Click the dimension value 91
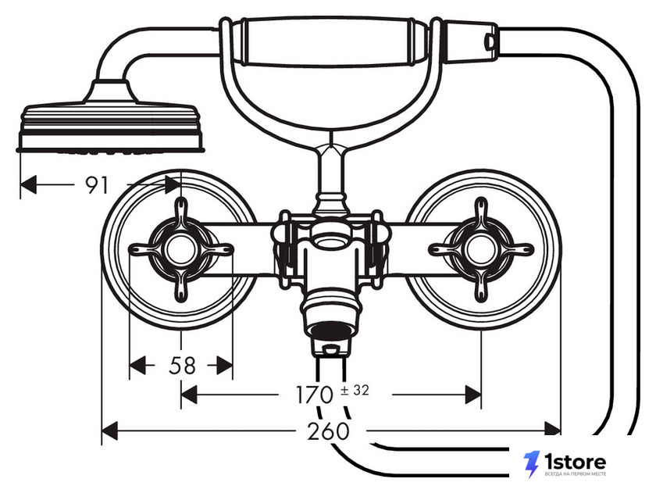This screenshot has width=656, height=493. pyautogui.click(x=97, y=185)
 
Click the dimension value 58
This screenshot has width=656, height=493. pyautogui.click(x=182, y=366)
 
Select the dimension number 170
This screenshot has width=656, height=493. pyautogui.click(x=314, y=395)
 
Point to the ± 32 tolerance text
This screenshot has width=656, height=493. pyautogui.click(x=355, y=391)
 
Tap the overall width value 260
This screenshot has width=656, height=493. pyautogui.click(x=327, y=431)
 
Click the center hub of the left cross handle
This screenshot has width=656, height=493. pyautogui.click(x=180, y=249)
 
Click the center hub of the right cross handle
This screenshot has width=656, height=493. pyautogui.click(x=481, y=250)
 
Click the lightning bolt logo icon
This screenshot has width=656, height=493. pyautogui.click(x=531, y=465)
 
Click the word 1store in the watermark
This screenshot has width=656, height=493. pyautogui.click(x=576, y=462)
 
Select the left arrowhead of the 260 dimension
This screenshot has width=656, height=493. pyautogui.click(x=109, y=430)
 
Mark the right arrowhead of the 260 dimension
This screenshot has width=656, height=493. pyautogui.click(x=552, y=430)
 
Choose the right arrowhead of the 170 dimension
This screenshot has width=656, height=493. pyautogui.click(x=473, y=395)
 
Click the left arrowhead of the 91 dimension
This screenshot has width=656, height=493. pyautogui.click(x=28, y=184)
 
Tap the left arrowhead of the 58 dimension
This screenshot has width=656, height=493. pyautogui.click(x=137, y=366)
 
